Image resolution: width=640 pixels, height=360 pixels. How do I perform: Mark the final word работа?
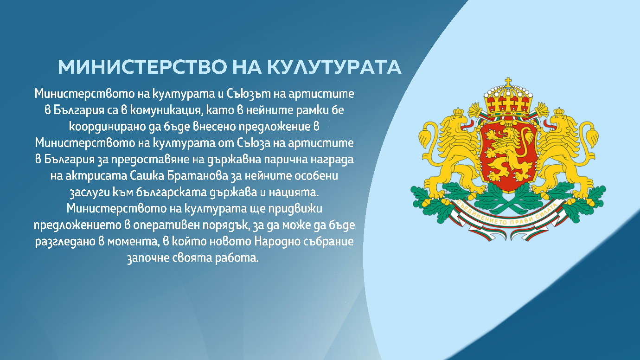[x=239, y=258]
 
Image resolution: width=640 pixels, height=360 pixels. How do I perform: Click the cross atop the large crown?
[x=508, y=82]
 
